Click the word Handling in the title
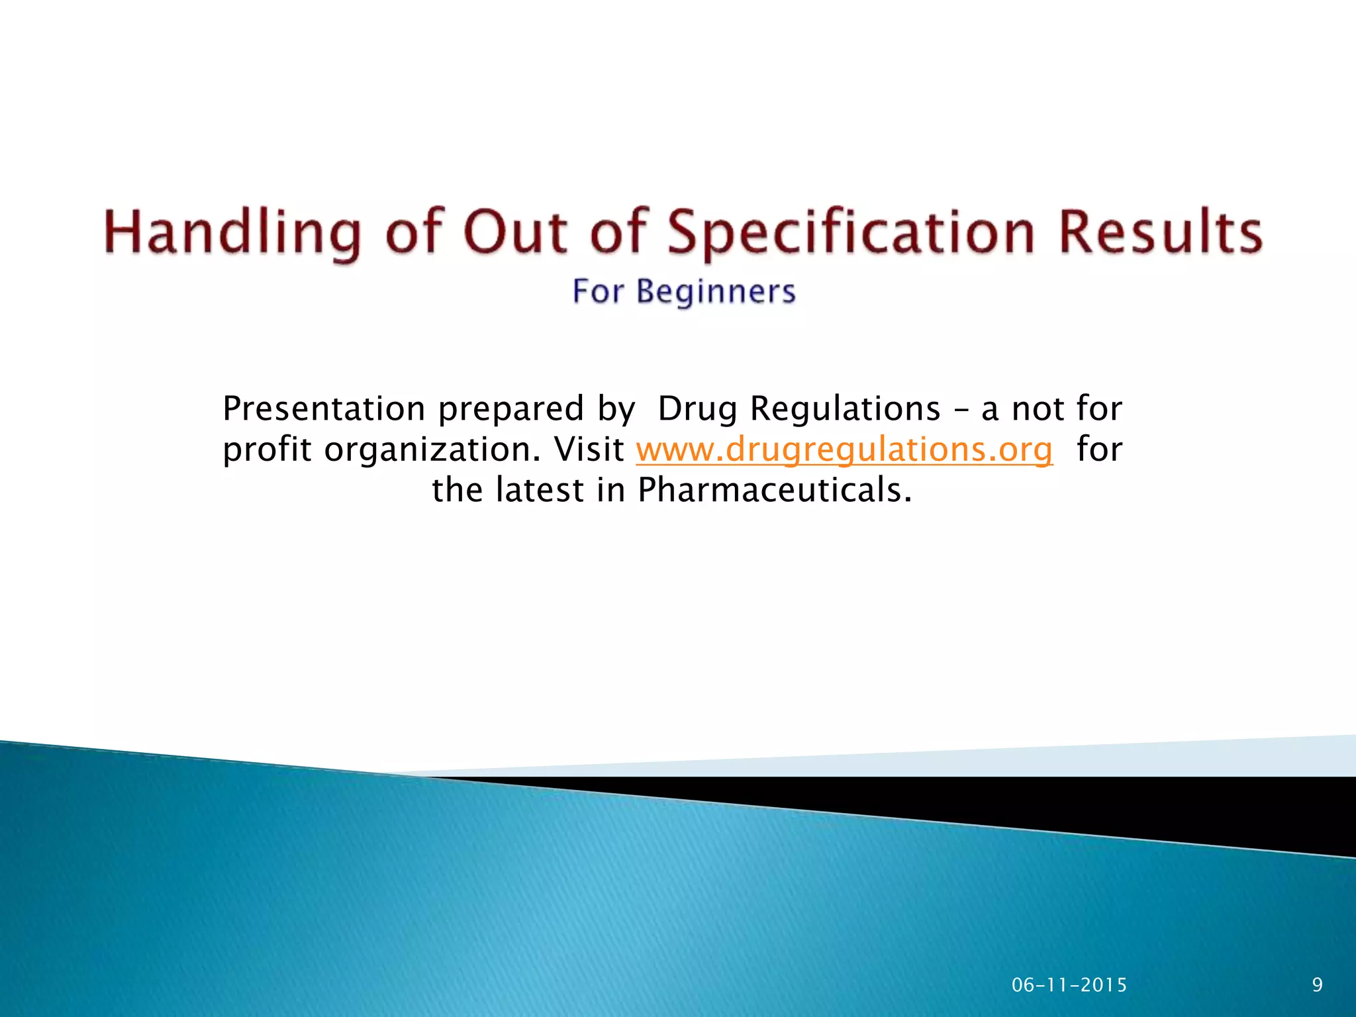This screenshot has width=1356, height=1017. pyautogui.click(x=232, y=232)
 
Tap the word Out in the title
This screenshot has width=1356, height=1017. pyautogui.click(x=515, y=232)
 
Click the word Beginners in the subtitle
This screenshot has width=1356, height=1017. pyautogui.click(x=716, y=292)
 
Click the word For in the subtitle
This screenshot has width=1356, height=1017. pyautogui.click(x=598, y=292)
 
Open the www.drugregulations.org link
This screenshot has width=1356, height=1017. pyautogui.click(x=844, y=450)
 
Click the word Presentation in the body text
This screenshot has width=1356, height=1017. pyautogui.click(x=324, y=409)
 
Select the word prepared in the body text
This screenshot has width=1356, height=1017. pyautogui.click(x=510, y=410)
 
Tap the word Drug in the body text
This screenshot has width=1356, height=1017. pyautogui.click(x=697, y=410)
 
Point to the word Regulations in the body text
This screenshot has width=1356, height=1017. pyautogui.click(x=845, y=410)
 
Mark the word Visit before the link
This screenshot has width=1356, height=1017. pyautogui.click(x=589, y=450)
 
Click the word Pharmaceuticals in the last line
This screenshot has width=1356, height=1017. pyautogui.click(x=774, y=491)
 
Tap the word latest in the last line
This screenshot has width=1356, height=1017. pyautogui.click(x=540, y=491)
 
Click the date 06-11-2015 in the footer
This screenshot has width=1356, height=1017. pyautogui.click(x=1069, y=985)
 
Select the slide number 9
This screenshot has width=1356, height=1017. pyautogui.click(x=1317, y=985)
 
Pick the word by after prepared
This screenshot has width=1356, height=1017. pyautogui.click(x=616, y=410)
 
